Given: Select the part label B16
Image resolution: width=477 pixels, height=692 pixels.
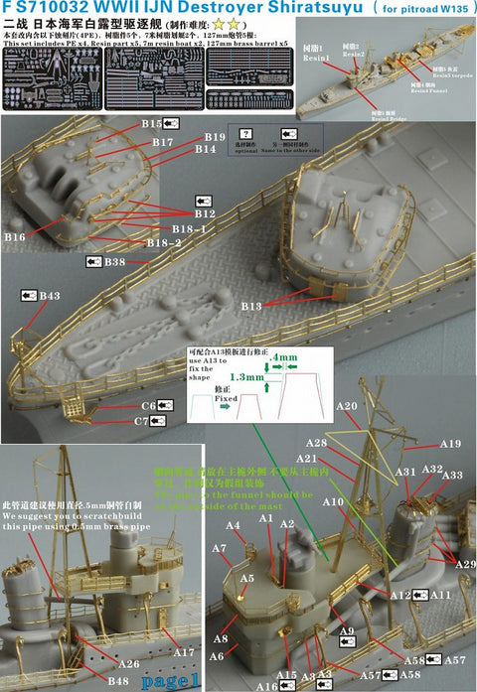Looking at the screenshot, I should pos(15,238).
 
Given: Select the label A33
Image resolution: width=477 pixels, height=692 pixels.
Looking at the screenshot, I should pos(453,476).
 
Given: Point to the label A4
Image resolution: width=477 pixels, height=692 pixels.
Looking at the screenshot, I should pos(235,525).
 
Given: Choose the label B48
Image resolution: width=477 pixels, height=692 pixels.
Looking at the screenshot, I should pos(119,681).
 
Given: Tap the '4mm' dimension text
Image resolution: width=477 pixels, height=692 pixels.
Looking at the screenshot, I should pos(286,357).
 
